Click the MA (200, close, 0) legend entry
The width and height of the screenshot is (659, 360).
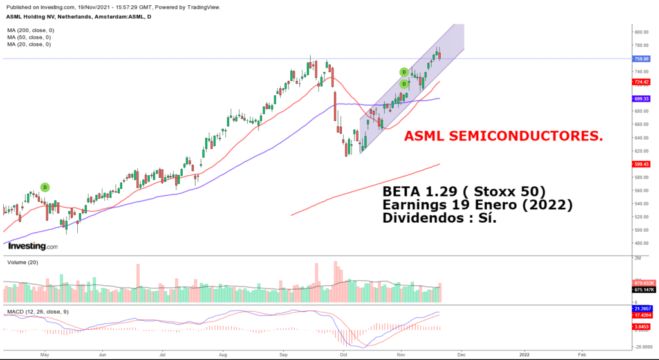(31, 30)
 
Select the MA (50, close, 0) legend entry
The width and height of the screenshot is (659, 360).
(29, 37)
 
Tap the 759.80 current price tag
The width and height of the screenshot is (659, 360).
(641, 59)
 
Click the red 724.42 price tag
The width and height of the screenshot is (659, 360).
(641, 82)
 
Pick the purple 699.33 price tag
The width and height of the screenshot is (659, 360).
(641, 99)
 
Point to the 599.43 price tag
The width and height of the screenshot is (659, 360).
(641, 164)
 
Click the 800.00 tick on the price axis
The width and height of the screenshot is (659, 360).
(642, 32)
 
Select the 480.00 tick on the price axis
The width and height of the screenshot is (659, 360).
(642, 243)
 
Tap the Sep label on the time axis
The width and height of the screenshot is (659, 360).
(283, 355)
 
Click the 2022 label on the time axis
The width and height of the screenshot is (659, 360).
(524, 355)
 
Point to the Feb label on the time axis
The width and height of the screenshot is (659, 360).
(582, 355)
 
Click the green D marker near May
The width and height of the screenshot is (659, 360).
(45, 187)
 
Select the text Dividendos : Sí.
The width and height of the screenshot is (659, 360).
(439, 218)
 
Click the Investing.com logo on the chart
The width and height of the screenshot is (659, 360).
(33, 247)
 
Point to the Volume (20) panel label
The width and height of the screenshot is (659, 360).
(23, 262)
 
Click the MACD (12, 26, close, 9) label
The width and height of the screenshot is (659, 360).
(38, 312)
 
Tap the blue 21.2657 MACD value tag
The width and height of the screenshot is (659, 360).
(642, 308)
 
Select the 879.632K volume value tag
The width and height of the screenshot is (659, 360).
(643, 283)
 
